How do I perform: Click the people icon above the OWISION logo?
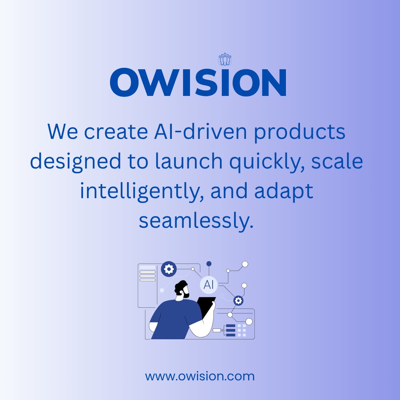[x=225, y=59]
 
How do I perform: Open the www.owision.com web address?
[x=200, y=377]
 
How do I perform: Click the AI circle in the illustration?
[x=209, y=285]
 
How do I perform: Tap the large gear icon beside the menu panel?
[x=169, y=269]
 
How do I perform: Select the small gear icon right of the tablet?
[x=238, y=300]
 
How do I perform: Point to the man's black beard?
[x=185, y=294]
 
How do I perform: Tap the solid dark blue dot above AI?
[x=209, y=264]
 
